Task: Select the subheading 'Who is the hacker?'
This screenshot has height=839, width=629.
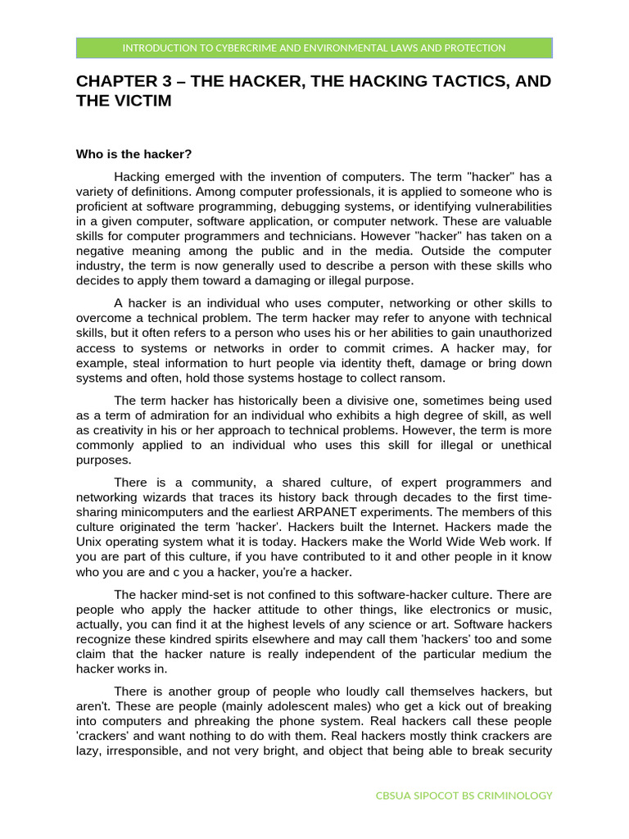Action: pyautogui.click(x=133, y=153)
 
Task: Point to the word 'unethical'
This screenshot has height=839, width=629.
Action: pyautogui.click(x=523, y=445)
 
